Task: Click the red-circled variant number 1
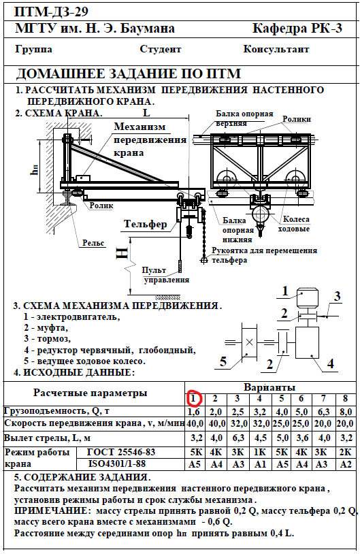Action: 193,399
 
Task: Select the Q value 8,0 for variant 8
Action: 346,412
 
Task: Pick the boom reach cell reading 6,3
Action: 238,438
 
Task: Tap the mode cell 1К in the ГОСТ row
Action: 260,452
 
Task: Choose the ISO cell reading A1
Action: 260,464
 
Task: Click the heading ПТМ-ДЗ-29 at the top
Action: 51,12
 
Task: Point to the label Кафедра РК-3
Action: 297,29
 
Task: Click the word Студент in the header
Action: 161,49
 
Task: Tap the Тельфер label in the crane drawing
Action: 145,224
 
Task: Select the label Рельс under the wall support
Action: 93,243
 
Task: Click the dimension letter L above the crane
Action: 146,112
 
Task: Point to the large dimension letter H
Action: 122,253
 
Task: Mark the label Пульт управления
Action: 165,275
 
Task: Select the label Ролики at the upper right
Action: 297,119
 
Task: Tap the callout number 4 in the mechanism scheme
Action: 330,363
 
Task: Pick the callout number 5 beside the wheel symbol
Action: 223,361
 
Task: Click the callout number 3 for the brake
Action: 338,296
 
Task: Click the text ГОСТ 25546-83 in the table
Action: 121,452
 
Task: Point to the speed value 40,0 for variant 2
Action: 216,423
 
